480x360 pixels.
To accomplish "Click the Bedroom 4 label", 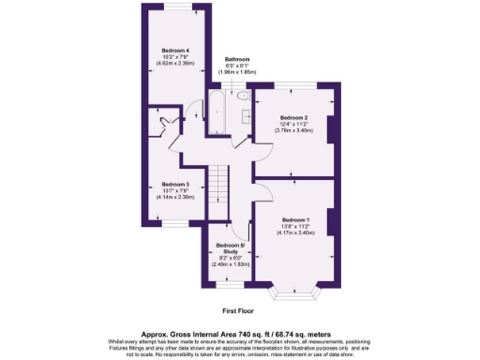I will pyautogui.click(x=175, y=50).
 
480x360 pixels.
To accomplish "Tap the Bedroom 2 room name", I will pyautogui.click(x=294, y=117).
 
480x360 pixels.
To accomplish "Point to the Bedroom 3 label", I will pyautogui.click(x=175, y=185).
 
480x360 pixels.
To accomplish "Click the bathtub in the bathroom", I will pyautogui.click(x=213, y=113).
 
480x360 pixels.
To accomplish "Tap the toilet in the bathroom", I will pyautogui.click(x=241, y=95).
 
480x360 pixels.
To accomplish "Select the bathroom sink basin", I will pyautogui.click(x=246, y=116).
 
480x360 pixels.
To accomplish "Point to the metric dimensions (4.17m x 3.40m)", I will pyautogui.click(x=294, y=232).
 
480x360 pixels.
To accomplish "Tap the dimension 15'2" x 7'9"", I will pyautogui.click(x=175, y=57).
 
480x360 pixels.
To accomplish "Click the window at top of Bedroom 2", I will pyautogui.click(x=292, y=87).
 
